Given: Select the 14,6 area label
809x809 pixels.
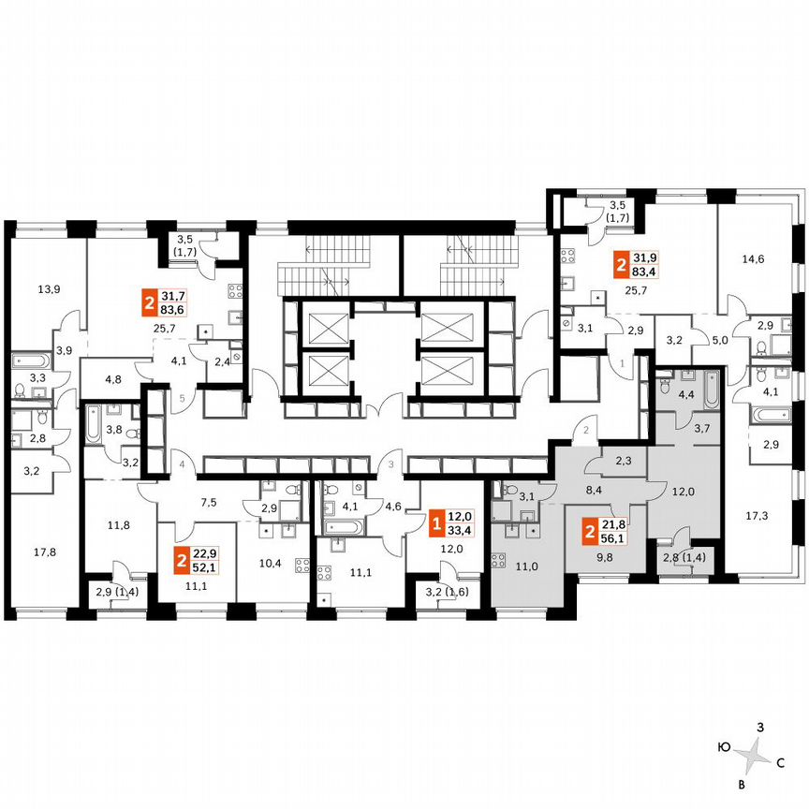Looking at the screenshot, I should coord(753,259).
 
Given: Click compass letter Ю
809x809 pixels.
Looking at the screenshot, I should coord(724,746).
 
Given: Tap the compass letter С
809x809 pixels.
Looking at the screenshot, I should coord(779,763).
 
